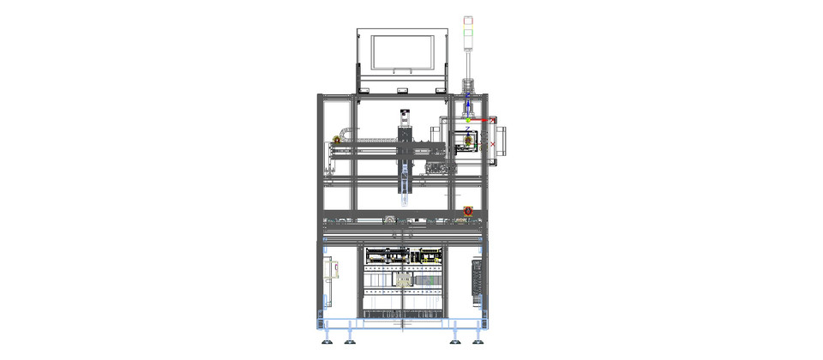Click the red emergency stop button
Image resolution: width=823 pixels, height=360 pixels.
point(468,211)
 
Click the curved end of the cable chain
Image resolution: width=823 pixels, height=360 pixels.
point(344,131)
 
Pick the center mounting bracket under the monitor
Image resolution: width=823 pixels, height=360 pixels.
point(401,88)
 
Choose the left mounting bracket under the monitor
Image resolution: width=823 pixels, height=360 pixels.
point(363,88)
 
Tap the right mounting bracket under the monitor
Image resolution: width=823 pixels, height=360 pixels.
point(441,88)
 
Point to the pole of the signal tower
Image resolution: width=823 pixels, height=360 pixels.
point(469,60)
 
